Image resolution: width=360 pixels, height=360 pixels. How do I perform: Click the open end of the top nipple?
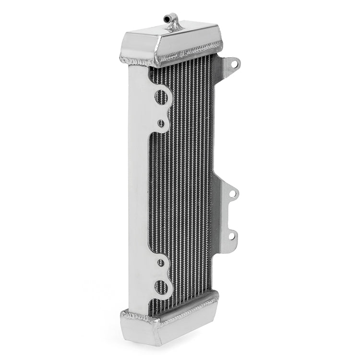pyautogui.click(x=166, y=18)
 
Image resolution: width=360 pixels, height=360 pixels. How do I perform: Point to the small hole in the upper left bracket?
pyautogui.click(x=161, y=123)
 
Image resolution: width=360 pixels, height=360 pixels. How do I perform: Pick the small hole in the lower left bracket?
pyautogui.click(x=161, y=263)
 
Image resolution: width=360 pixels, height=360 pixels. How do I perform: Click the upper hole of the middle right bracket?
pyautogui.click(x=232, y=193)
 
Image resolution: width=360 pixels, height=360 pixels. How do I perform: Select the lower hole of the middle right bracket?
pyautogui.click(x=231, y=236)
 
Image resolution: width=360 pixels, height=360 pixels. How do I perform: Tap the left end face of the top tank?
pyautogui.click(x=139, y=48)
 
